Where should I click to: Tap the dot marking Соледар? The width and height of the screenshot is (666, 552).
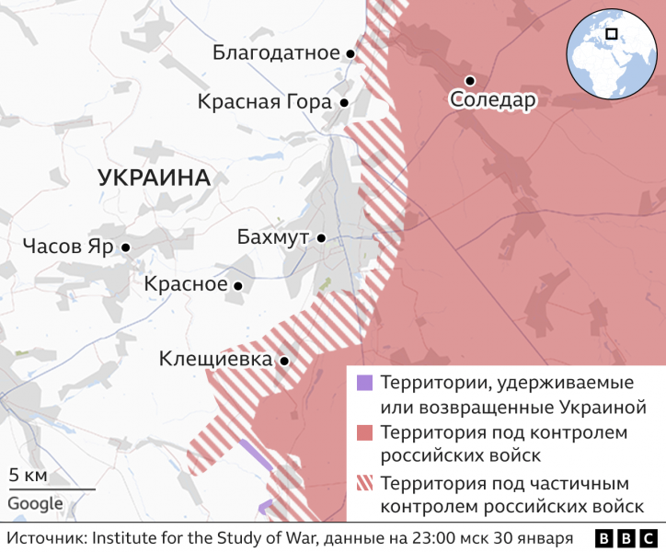(469, 80)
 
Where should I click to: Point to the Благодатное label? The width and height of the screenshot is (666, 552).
(276, 52)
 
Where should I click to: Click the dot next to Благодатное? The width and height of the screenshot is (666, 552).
(350, 54)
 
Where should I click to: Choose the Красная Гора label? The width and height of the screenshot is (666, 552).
(264, 102)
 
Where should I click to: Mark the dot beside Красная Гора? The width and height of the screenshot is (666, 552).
(343, 103)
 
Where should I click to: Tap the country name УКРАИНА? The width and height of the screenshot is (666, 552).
(154, 178)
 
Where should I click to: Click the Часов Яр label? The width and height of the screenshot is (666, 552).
(68, 247)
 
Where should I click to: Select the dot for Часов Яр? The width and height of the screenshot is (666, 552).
(125, 247)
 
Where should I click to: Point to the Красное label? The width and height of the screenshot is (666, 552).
(185, 284)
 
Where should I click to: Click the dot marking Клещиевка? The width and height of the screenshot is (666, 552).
(284, 362)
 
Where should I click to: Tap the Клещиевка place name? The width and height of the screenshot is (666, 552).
(215, 359)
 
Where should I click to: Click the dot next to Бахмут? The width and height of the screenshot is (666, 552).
(321, 238)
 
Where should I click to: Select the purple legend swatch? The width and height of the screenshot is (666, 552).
(364, 383)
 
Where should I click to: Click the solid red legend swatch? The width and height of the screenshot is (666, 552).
(364, 432)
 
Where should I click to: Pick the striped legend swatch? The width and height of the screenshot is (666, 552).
(364, 482)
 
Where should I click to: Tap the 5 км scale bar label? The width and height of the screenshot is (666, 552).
(28, 476)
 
